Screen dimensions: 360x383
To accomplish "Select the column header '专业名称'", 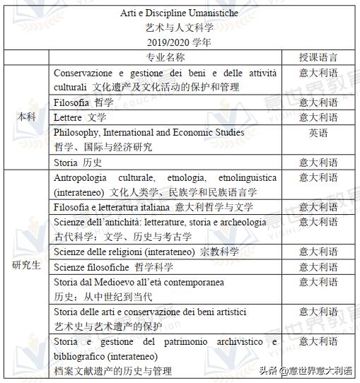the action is coord(166,57).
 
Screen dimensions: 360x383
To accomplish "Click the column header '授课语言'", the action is coord(318,57).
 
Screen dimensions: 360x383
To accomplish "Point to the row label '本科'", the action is coord(26,117).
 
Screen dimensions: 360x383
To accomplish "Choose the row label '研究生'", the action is coord(26,266).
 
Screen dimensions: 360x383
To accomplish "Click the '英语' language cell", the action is coord(318,132).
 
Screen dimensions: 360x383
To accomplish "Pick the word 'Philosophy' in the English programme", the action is coord(79,132).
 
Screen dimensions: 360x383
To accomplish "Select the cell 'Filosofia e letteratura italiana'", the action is coord(112,207).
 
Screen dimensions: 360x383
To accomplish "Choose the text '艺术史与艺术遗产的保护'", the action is coord(108,326).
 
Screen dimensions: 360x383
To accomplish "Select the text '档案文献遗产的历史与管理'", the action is coord(112,371).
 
